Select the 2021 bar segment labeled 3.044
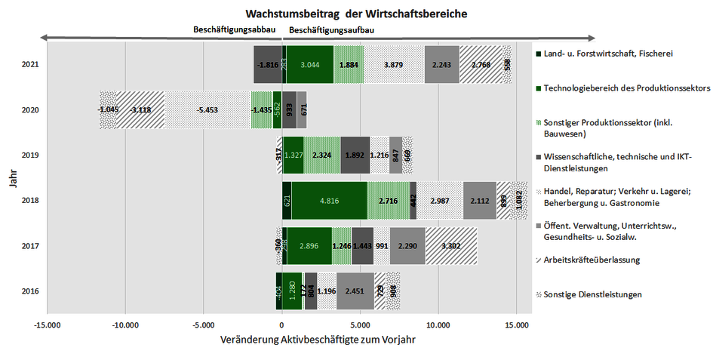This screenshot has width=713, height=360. pyautogui.click(x=311, y=65)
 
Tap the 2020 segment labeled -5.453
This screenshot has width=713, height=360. pyautogui.click(x=207, y=110)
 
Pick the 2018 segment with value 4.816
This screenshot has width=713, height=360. pyautogui.click(x=329, y=201)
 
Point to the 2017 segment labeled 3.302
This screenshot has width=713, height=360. pyautogui.click(x=450, y=246)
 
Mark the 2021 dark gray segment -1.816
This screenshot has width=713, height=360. pyautogui.click(x=268, y=65)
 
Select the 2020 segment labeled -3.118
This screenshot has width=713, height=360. pyautogui.click(x=140, y=110)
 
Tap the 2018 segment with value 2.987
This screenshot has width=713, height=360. pyautogui.click(x=439, y=201)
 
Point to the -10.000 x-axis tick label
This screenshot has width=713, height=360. pyautogui.click(x=125, y=325)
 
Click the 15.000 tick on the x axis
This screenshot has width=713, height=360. pyautogui.click(x=515, y=325)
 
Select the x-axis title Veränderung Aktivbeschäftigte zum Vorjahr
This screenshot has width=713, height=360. pyautogui.click(x=317, y=340)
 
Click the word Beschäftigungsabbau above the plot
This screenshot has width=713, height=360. pyautogui.click(x=235, y=30)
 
